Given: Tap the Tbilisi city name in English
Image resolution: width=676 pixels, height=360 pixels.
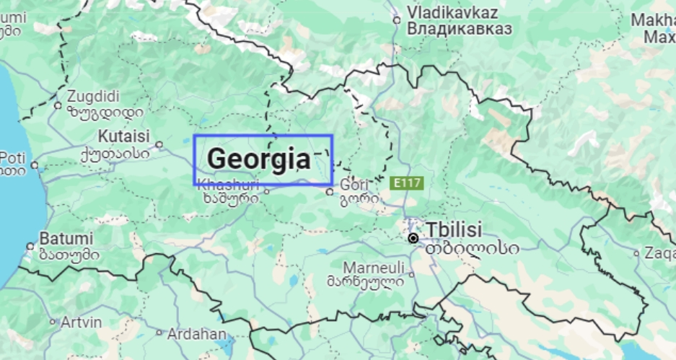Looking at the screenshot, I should coord(453,229).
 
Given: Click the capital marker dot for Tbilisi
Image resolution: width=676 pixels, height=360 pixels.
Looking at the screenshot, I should coord(413,238).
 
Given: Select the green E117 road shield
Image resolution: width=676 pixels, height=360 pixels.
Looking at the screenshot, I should coord(405,183).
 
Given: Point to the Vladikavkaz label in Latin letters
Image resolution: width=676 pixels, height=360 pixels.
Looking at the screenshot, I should coord(453,12).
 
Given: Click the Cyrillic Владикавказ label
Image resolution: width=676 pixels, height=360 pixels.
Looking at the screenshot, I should coord(459,29).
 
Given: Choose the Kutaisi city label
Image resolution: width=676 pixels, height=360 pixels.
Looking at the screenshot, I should coord(123,136).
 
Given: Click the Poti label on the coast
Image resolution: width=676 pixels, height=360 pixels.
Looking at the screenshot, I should coord(12,157).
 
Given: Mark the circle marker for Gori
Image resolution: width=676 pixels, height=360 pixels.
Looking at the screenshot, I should coord(330,192).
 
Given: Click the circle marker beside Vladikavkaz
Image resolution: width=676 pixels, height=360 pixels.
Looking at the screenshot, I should coord(396,20).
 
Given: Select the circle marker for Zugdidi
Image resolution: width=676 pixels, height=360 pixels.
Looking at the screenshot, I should coord(58,105).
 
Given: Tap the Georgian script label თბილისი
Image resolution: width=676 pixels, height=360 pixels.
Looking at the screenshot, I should coord(472,247).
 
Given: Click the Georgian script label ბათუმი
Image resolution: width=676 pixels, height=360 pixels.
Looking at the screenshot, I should coord(69,254).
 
